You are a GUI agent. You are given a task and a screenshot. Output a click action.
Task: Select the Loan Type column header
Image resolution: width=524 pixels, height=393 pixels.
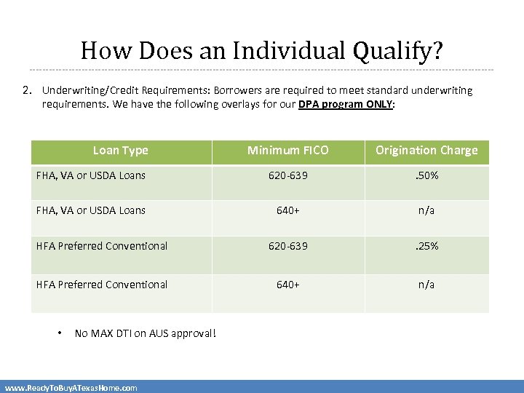click(x=121, y=151)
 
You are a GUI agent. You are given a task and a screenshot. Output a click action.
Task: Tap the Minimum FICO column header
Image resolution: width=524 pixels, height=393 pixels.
click(x=288, y=151)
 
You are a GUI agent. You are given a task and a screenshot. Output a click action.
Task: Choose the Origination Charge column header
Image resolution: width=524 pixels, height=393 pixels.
click(x=426, y=151)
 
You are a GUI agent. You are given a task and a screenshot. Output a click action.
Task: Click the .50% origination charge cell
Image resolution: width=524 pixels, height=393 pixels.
click(x=426, y=175)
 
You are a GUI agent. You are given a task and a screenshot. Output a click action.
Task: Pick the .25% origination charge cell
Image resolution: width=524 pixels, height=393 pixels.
click(x=426, y=246)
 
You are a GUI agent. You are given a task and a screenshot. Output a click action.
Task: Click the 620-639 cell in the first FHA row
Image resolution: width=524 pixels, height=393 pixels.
click(x=288, y=175)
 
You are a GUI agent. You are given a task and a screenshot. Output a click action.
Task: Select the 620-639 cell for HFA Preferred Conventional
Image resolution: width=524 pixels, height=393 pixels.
click(x=288, y=246)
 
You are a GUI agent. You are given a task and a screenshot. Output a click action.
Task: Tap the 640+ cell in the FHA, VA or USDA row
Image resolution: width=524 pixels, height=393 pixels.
click(x=288, y=210)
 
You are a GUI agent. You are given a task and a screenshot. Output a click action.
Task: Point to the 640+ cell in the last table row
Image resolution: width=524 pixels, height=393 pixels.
click(x=288, y=285)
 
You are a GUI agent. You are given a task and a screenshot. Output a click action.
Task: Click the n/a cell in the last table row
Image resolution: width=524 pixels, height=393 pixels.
click(x=426, y=285)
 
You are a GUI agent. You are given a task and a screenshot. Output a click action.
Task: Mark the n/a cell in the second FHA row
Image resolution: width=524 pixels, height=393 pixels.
click(x=426, y=210)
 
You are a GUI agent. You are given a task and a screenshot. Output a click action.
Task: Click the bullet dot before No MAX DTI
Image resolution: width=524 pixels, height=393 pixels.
click(x=60, y=333)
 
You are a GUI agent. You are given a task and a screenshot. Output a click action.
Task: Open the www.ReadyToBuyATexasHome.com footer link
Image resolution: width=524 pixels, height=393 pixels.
click(x=71, y=388)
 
